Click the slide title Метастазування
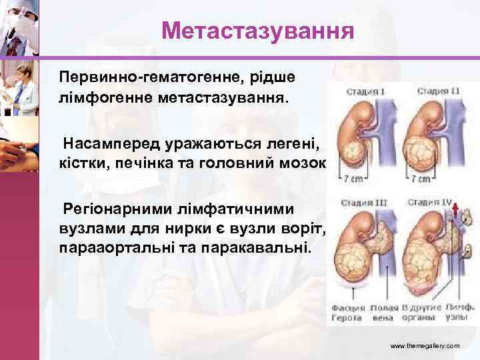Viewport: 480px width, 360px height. [257, 31]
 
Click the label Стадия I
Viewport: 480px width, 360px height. [363, 91]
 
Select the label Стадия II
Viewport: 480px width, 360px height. [437, 91]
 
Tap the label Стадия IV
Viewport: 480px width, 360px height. [437, 201]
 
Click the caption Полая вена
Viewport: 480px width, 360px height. [385, 312]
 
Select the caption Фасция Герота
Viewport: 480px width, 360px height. [349, 312]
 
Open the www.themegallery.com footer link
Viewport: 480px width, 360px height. [424, 347]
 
